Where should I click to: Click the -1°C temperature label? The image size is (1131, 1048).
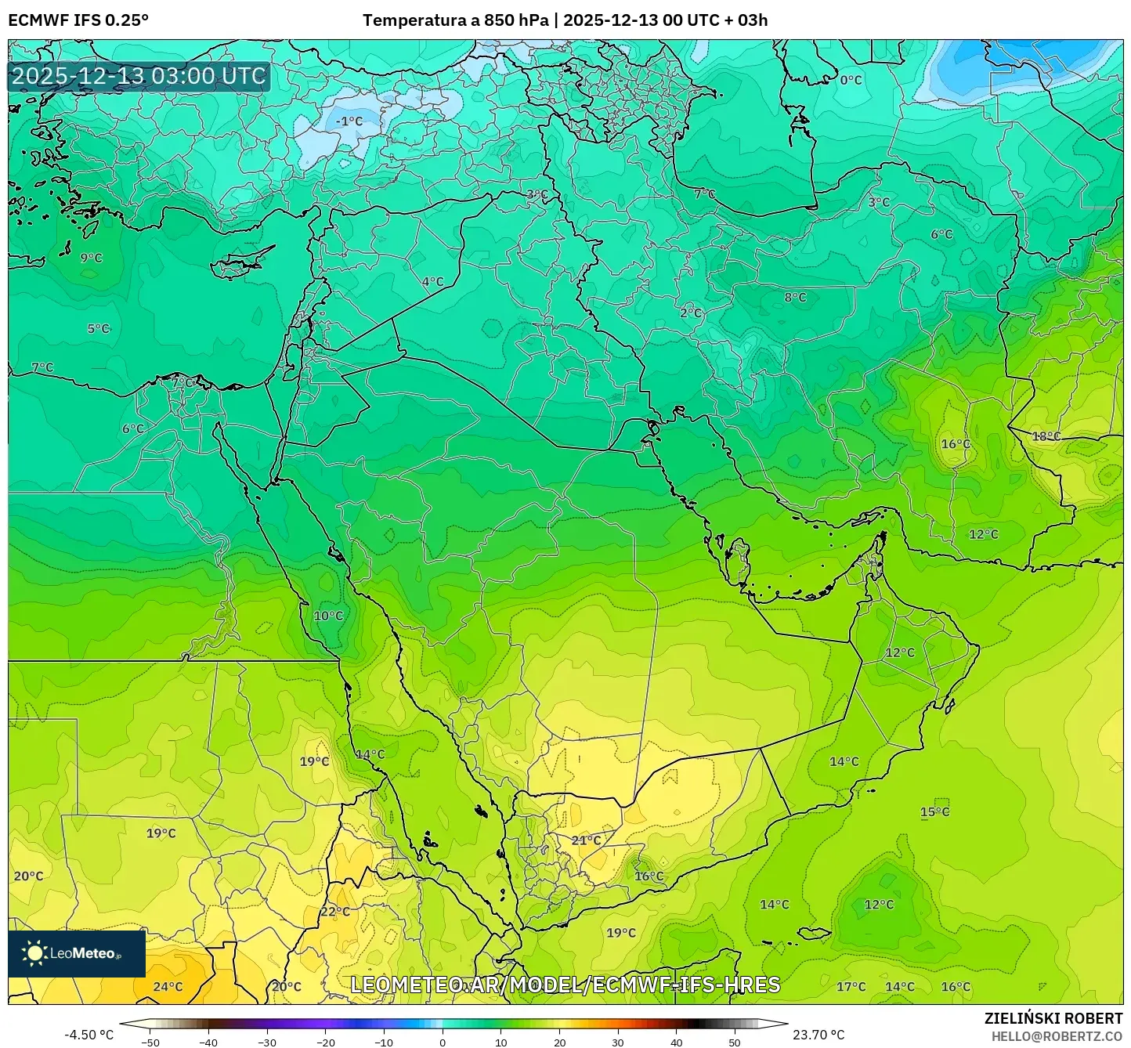click(x=349, y=121)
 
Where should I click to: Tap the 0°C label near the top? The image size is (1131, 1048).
click(x=851, y=80)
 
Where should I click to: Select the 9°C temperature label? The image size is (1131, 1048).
click(x=91, y=258)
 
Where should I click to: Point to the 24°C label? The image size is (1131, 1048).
click(x=168, y=987)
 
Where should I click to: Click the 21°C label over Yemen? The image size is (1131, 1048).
click(x=586, y=840)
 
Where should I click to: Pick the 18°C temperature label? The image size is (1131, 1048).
click(x=1046, y=436)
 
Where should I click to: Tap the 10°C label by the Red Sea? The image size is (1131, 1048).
click(x=328, y=616)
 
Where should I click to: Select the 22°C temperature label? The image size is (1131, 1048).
click(x=335, y=912)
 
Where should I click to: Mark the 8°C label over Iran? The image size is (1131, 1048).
click(x=795, y=298)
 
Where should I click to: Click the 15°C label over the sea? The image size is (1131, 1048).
click(x=934, y=812)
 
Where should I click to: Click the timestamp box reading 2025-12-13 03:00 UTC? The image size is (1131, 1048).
click(x=139, y=76)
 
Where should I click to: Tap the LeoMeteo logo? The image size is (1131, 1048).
click(x=76, y=953)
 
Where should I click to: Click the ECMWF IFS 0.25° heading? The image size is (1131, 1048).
click(x=78, y=20)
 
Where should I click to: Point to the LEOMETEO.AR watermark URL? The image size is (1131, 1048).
click(x=565, y=985)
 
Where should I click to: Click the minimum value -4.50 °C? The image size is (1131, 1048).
click(x=89, y=1035)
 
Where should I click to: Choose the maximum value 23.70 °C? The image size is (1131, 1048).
click(x=818, y=1035)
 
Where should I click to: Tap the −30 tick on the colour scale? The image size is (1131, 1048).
click(x=267, y=1043)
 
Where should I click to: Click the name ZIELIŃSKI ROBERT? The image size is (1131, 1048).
click(x=1053, y=1018)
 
